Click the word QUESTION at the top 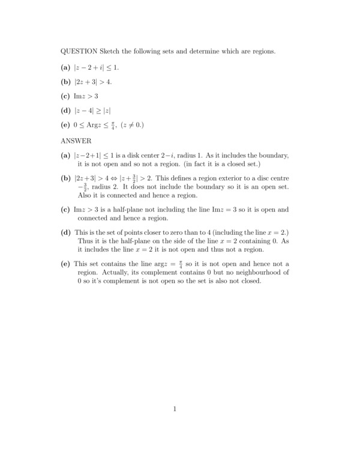78,52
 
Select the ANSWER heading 76,141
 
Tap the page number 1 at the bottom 175,410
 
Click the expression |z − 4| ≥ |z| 92,110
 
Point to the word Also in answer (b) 86,195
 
